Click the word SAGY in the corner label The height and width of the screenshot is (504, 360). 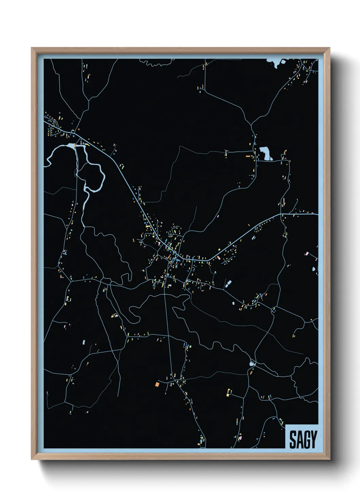pyautogui.click(x=303, y=439)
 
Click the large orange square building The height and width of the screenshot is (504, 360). pyautogui.click(x=157, y=384)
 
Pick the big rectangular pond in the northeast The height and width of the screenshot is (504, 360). pyautogui.click(x=266, y=154)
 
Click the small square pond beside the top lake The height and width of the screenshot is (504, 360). pyautogui.click(x=283, y=61)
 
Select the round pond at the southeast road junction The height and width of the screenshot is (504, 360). pyautogui.click(x=251, y=364)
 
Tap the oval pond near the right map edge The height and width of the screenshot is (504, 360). pyautogui.click(x=314, y=269)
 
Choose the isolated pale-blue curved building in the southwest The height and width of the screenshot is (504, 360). pyautogui.click(x=84, y=341)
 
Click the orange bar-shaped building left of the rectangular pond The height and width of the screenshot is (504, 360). pyautogui.click(x=248, y=156)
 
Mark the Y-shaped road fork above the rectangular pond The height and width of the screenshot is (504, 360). pyautogui.click(x=252, y=125)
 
